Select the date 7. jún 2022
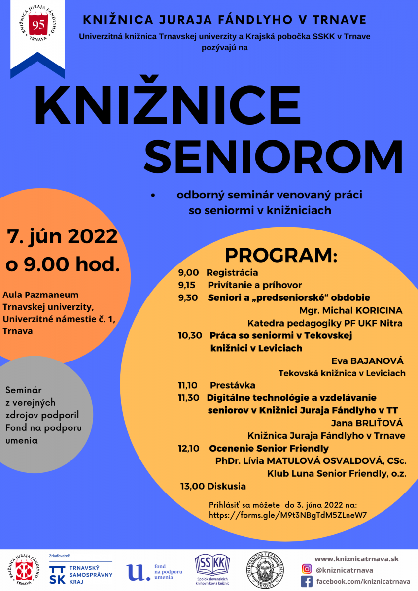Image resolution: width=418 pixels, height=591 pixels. (x=62, y=236)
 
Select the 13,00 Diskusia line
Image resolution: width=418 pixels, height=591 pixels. (x=213, y=486)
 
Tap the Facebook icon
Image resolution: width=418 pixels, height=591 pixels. (x=307, y=582)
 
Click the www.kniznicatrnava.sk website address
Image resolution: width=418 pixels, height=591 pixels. (x=356, y=558)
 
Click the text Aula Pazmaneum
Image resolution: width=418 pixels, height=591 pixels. (x=41, y=295)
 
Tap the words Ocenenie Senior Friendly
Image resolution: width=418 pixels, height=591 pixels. (x=269, y=448)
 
